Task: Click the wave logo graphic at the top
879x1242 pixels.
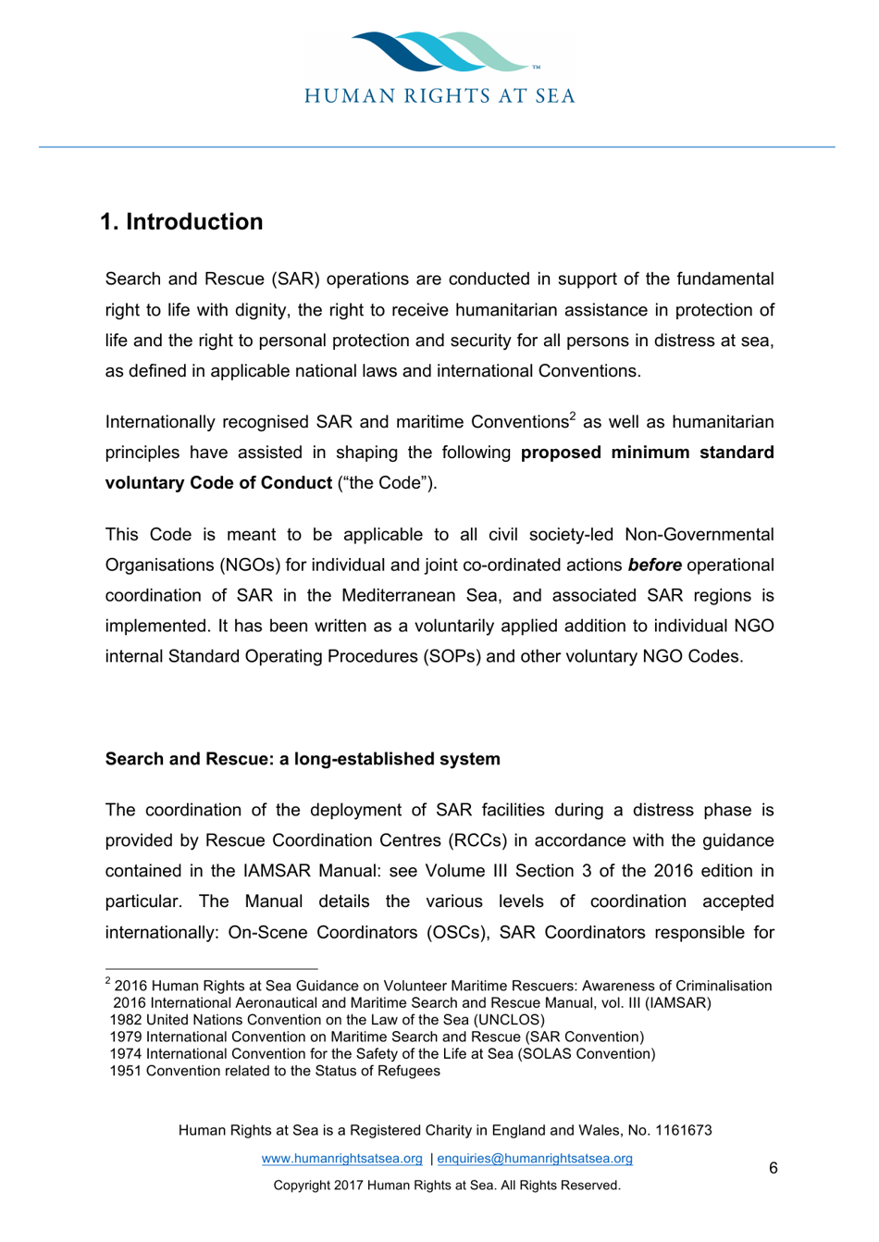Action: [x=439, y=51]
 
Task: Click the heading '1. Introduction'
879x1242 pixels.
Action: [x=181, y=222]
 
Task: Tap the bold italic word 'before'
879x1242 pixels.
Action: [x=654, y=565]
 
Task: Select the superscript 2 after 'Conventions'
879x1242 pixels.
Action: [x=573, y=416]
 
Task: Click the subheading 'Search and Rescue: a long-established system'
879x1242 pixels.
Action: [x=303, y=759]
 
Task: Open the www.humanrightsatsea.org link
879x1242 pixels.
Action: [x=341, y=1159]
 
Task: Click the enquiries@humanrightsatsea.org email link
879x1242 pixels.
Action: [x=535, y=1159]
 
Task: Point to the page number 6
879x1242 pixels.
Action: [x=774, y=1169]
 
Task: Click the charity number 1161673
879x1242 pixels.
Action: [x=683, y=1130]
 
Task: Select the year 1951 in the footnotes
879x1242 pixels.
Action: [x=126, y=1071]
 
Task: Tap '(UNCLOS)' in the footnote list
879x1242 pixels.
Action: [x=509, y=1020]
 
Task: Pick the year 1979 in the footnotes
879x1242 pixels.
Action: [x=126, y=1037]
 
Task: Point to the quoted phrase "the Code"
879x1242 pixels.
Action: [x=387, y=483]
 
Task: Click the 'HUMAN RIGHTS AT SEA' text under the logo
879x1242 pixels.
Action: [x=439, y=96]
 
